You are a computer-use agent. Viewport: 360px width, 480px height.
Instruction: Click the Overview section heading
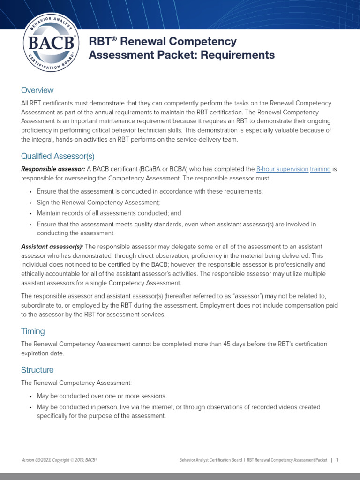(37, 90)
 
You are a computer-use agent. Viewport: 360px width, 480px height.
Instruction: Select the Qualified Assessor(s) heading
(58, 156)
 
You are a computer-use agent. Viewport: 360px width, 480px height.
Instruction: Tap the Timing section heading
(33, 331)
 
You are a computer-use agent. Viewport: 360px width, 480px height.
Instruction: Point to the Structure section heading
(37, 370)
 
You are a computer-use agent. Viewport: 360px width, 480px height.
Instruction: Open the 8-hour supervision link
(282, 169)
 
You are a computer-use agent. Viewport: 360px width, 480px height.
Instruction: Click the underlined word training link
(320, 169)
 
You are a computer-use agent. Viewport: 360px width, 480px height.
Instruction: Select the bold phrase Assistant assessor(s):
(52, 247)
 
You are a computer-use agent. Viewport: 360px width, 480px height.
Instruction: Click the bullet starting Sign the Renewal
(98, 202)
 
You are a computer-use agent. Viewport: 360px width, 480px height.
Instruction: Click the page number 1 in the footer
(337, 460)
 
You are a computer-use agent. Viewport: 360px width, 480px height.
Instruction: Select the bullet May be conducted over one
(102, 396)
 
